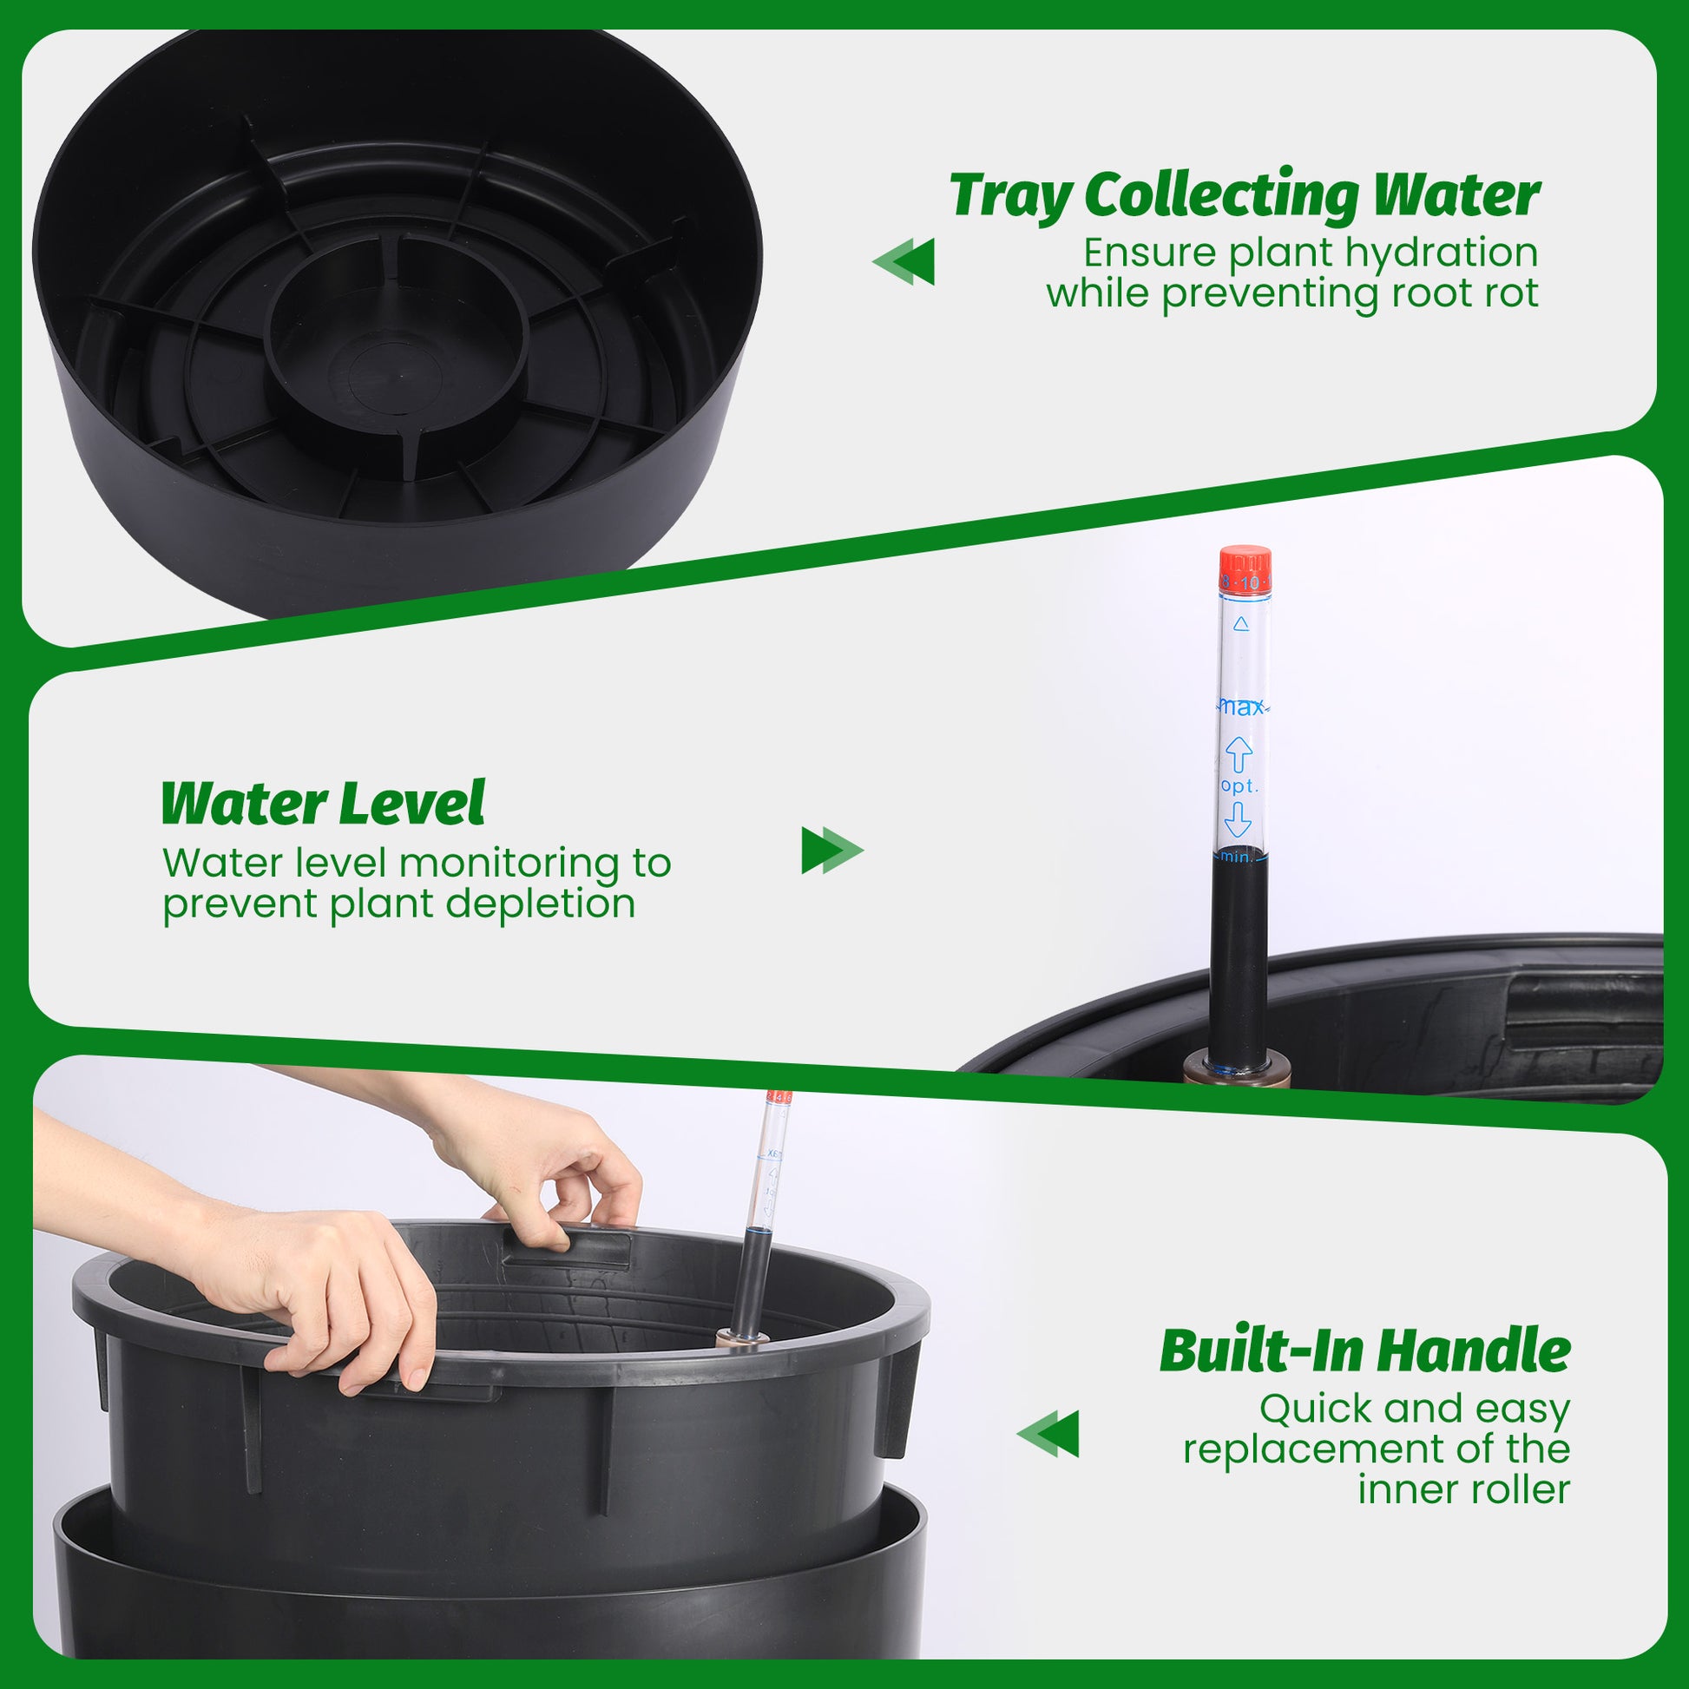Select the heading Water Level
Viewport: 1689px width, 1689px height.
click(323, 804)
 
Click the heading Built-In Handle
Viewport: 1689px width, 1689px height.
click(1364, 1351)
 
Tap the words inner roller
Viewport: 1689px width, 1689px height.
click(1463, 1489)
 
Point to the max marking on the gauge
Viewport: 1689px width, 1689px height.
click(1241, 707)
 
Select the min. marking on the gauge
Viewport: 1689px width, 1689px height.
click(1237, 857)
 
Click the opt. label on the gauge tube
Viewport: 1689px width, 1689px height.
click(1239, 786)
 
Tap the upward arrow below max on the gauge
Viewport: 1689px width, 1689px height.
click(1239, 753)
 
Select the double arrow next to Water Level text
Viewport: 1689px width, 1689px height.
click(832, 850)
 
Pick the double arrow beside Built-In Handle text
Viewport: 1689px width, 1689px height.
click(1048, 1434)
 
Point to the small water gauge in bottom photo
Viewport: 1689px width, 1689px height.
click(761, 1215)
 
